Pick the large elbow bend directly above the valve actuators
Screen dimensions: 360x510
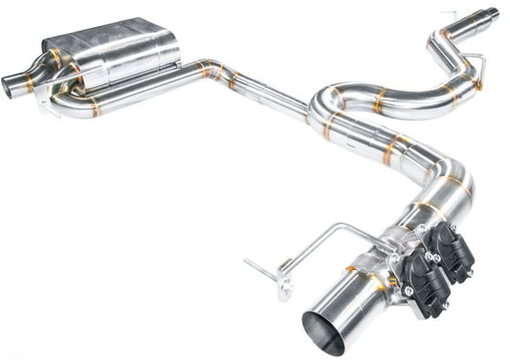point(455,191)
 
